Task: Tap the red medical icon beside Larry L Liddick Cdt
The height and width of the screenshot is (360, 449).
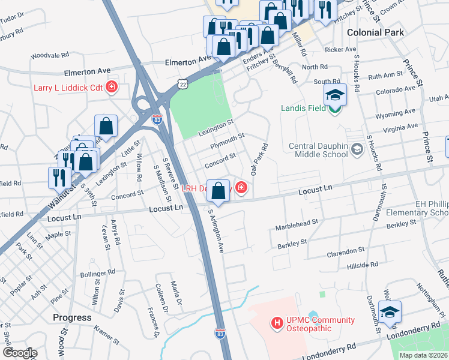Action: (x=111, y=88)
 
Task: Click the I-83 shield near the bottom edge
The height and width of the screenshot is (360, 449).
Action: (x=220, y=332)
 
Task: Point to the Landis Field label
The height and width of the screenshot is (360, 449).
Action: (x=304, y=109)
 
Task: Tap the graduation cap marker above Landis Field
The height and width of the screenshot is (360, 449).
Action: (x=335, y=95)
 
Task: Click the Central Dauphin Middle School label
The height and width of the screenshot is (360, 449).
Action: (x=318, y=150)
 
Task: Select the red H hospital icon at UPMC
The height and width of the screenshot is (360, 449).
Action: (x=277, y=323)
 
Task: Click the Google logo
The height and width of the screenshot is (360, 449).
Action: (x=20, y=353)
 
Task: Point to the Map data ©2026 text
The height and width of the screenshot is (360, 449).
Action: (x=423, y=355)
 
